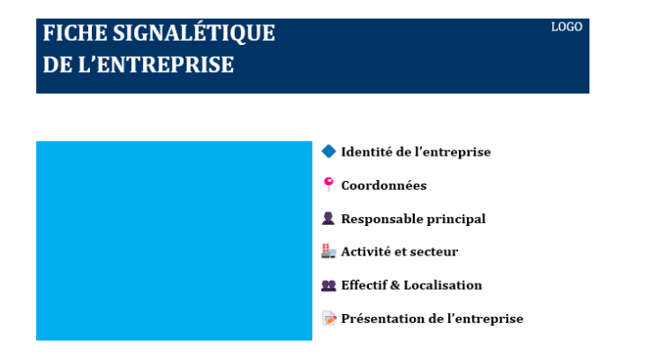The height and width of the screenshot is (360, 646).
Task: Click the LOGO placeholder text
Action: (567, 27)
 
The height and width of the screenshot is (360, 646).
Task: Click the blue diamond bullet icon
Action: (328, 151)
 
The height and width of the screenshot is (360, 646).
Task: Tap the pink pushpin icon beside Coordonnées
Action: (328, 184)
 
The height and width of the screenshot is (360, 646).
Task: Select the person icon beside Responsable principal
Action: (328, 219)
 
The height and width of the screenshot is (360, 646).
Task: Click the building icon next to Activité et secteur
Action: (328, 252)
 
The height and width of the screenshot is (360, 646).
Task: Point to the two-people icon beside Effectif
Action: (328, 285)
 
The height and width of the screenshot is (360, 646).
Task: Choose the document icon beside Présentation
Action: (328, 319)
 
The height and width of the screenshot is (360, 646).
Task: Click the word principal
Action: (458, 220)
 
